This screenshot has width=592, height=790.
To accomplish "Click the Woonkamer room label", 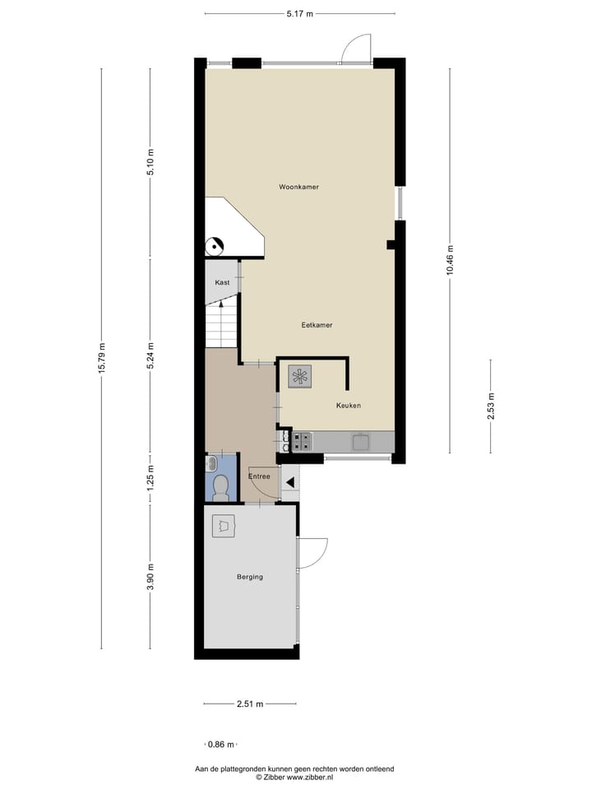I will (298, 187).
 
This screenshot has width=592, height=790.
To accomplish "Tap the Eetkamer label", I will (317, 325).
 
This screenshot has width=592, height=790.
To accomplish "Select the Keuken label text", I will (348, 406).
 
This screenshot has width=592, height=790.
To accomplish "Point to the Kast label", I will (221, 282).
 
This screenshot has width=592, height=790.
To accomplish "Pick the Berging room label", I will (249, 577).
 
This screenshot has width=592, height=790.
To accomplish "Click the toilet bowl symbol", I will (220, 489).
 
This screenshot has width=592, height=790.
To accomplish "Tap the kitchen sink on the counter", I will (361, 442).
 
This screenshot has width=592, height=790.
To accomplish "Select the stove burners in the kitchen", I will (301, 442).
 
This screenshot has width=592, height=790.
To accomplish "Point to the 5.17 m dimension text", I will (298, 13).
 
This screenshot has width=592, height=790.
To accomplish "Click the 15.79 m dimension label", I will (102, 357).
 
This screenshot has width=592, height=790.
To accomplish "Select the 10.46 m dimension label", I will (450, 261).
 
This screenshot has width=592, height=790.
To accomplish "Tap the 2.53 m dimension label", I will (491, 407).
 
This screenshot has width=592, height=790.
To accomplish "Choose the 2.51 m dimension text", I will (249, 704).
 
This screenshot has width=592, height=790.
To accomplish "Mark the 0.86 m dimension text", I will (221, 744).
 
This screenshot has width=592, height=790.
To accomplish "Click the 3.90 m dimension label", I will (150, 576).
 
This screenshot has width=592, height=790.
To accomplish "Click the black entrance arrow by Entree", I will (289, 482).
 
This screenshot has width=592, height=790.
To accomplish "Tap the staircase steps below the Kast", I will (220, 325).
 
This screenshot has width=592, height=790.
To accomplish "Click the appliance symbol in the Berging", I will (224, 526).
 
